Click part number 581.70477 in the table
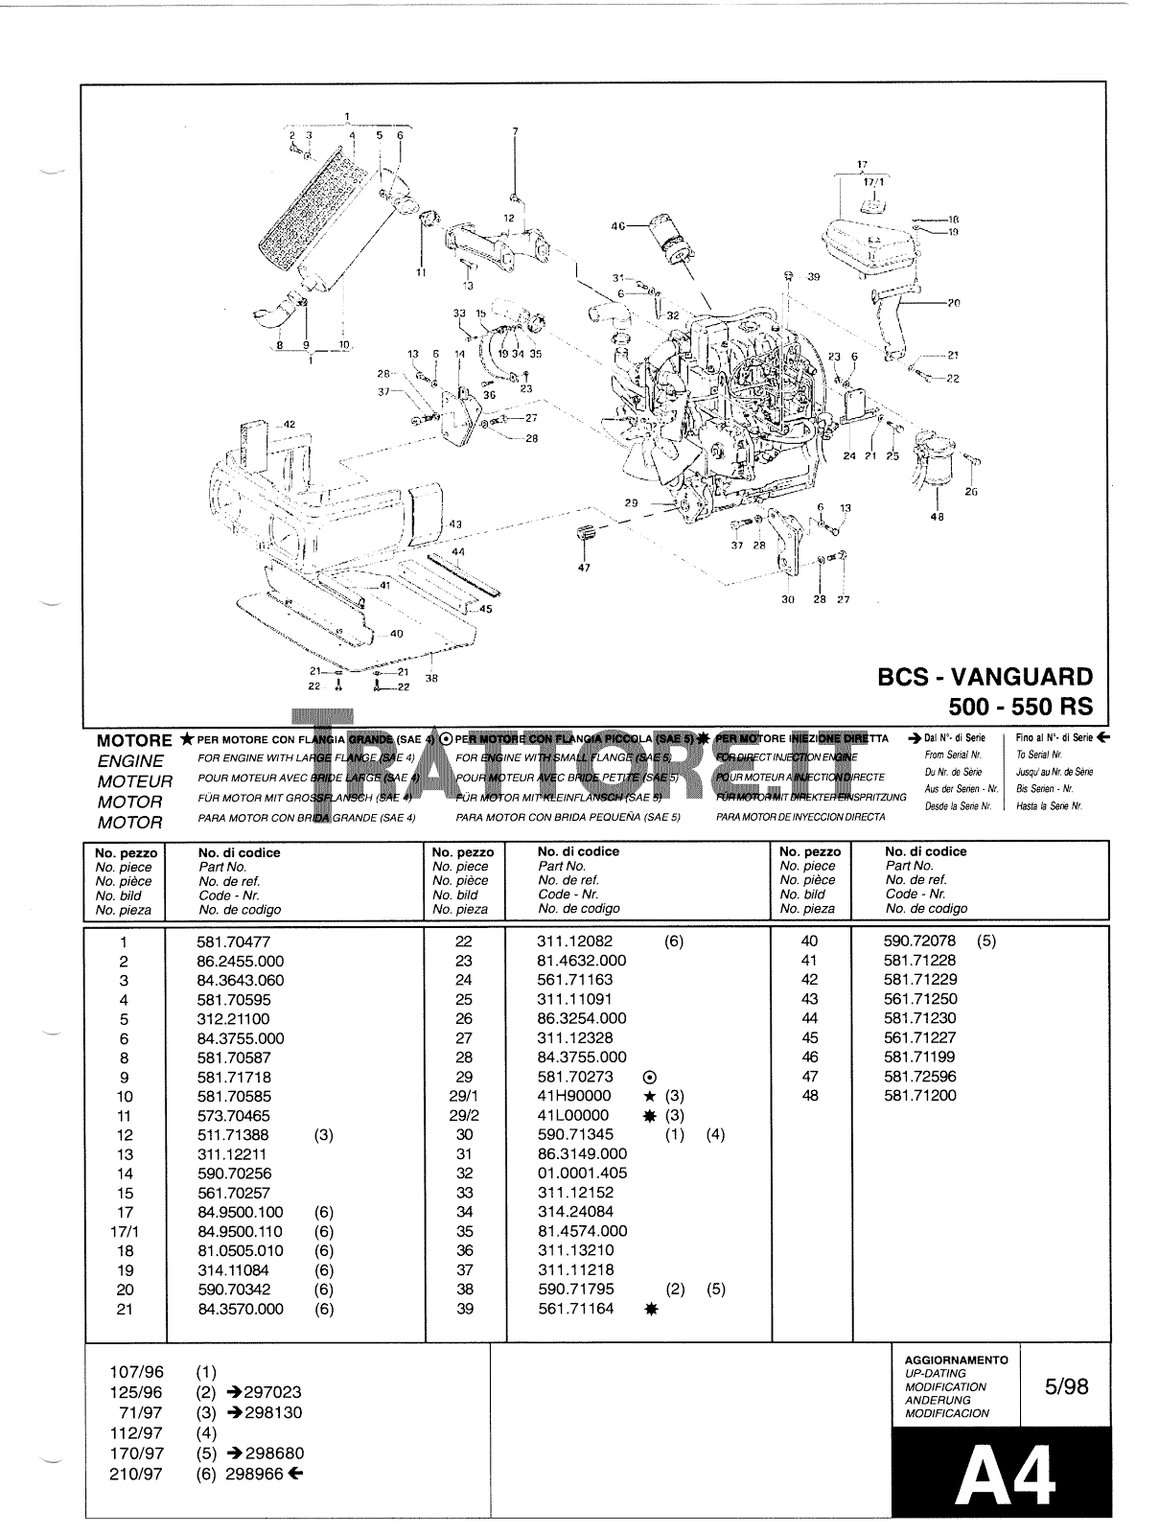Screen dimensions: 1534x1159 234,942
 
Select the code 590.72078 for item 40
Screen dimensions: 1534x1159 919,941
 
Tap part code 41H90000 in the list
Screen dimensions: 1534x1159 574,1096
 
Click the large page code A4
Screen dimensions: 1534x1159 1006,1476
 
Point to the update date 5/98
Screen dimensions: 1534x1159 1065,1386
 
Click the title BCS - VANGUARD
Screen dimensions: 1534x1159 985,676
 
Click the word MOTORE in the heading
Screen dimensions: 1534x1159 134,741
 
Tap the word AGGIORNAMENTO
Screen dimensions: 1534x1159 956,1360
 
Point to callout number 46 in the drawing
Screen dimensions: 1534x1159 618,226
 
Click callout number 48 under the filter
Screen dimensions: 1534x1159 937,517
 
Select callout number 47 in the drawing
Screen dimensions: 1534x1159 585,568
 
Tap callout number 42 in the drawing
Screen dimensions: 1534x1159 288,424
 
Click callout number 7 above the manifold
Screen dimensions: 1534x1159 515,130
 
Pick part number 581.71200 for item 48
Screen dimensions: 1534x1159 919,1095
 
